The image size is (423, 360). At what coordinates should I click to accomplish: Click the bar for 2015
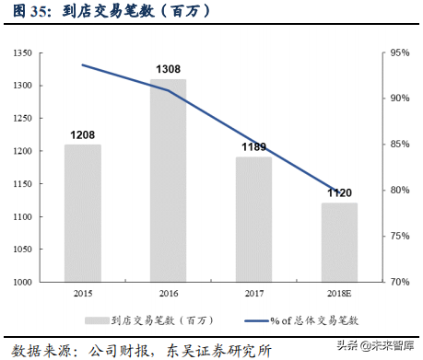click(83, 214)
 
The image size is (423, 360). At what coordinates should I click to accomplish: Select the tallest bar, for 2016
click(169, 180)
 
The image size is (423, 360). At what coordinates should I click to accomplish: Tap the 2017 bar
click(253, 219)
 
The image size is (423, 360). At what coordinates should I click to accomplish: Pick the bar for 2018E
click(338, 242)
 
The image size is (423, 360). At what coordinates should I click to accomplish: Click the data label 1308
click(169, 69)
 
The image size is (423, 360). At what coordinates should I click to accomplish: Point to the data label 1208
click(83, 134)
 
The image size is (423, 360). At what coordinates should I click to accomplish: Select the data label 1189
click(254, 146)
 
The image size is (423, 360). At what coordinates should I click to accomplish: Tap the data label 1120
click(339, 192)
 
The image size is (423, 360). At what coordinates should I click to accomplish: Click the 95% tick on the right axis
click(401, 53)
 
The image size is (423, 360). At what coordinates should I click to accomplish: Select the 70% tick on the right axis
click(401, 282)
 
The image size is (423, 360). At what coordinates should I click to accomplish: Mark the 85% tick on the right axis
click(401, 145)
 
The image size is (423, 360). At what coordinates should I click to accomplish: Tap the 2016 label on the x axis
click(169, 293)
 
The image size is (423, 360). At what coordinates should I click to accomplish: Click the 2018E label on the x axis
click(338, 293)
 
